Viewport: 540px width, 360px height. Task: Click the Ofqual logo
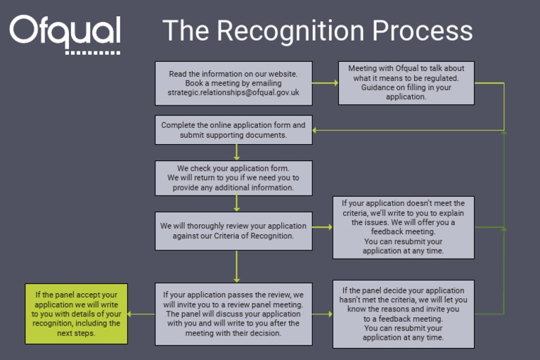click(65, 32)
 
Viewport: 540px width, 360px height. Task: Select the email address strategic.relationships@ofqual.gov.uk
click(233, 92)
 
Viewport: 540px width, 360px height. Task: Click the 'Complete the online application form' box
click(233, 130)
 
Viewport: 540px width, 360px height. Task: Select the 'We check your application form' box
click(233, 178)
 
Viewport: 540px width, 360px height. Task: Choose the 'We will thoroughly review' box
click(233, 231)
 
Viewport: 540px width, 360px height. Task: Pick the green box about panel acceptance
click(77, 314)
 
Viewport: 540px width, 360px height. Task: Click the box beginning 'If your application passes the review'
click(233, 314)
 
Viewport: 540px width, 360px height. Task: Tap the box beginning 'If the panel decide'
click(403, 314)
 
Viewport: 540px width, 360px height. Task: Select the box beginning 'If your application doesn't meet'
click(403, 227)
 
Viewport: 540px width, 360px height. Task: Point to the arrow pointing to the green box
click(141, 314)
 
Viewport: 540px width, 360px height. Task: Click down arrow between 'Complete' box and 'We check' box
click(237, 152)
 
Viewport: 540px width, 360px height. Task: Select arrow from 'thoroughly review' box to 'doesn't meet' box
click(322, 227)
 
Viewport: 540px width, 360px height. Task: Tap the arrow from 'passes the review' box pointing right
click(322, 314)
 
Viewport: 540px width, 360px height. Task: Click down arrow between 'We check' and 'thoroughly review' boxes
click(237, 203)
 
